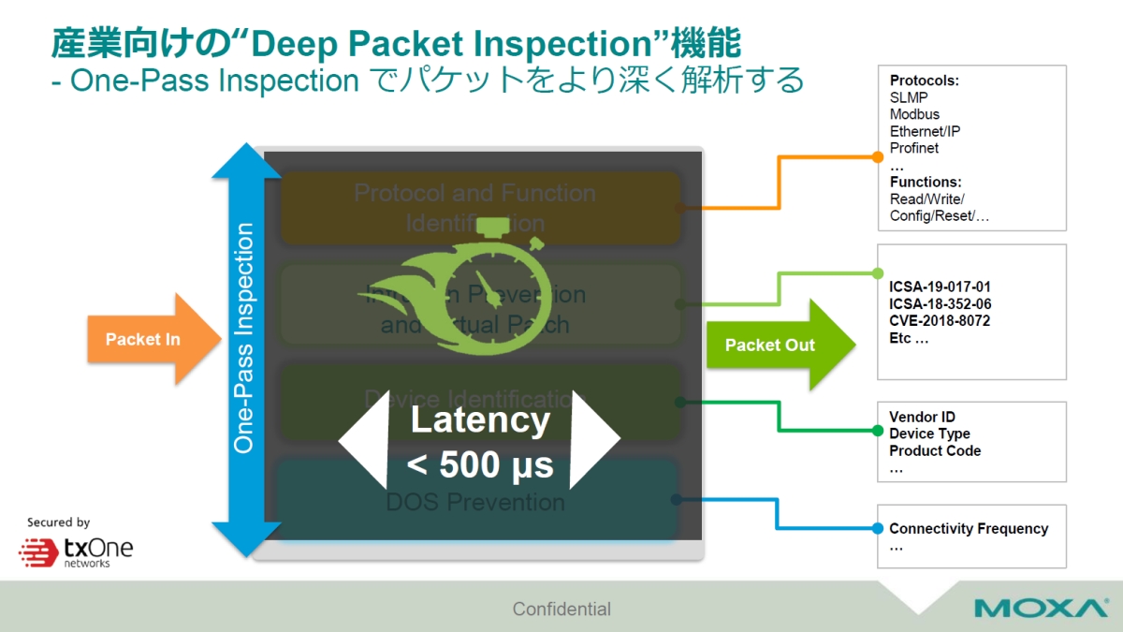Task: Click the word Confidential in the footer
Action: tap(561, 609)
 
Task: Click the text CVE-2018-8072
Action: tap(940, 321)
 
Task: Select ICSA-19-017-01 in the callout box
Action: tap(940, 287)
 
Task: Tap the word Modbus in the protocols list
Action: tap(914, 114)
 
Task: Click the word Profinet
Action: tap(913, 148)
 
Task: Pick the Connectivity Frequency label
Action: tap(969, 529)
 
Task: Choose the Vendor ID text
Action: tap(922, 417)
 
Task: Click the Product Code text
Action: tap(935, 450)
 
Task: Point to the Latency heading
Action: tap(480, 419)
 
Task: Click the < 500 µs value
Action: tap(480, 464)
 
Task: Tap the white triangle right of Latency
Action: tap(591, 440)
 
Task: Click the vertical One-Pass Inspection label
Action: tap(244, 337)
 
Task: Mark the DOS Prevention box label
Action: tap(475, 503)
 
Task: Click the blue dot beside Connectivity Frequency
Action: tap(878, 529)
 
